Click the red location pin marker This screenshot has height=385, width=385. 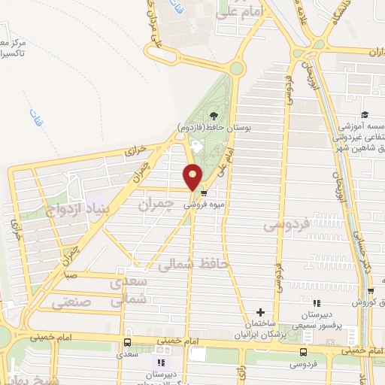[x=193, y=177]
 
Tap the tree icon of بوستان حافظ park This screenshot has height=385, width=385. [x=214, y=115]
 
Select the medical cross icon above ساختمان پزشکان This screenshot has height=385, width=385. [x=260, y=312]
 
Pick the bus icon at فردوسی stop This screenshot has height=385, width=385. [x=303, y=351]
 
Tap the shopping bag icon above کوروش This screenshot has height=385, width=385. [x=370, y=291]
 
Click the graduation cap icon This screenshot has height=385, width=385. [x=365, y=115]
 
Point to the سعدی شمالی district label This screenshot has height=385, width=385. [x=126, y=292]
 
